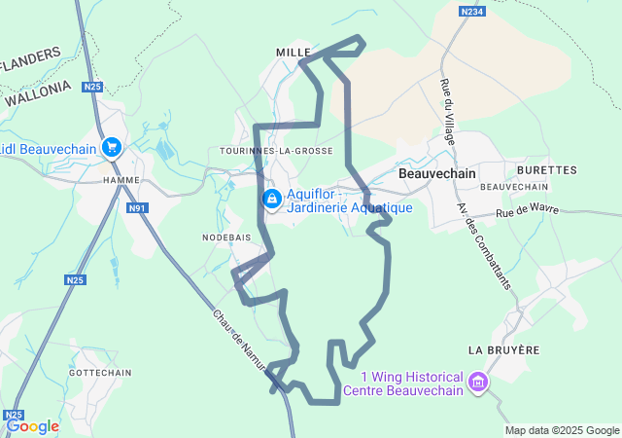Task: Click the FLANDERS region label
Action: click(x=29, y=60)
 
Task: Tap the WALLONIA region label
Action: click(x=38, y=92)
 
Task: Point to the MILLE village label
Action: click(x=292, y=52)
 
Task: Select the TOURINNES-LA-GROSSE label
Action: click(x=277, y=151)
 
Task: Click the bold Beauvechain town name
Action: click(x=437, y=172)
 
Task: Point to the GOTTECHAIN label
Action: click(x=100, y=373)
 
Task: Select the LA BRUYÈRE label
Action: click(x=502, y=348)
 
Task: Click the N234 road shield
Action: click(x=472, y=11)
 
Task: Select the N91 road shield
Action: click(x=136, y=207)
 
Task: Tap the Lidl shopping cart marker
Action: click(x=112, y=148)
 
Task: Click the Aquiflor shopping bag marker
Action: click(x=272, y=199)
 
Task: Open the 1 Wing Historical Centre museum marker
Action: click(x=476, y=380)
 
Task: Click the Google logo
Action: click(x=32, y=425)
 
